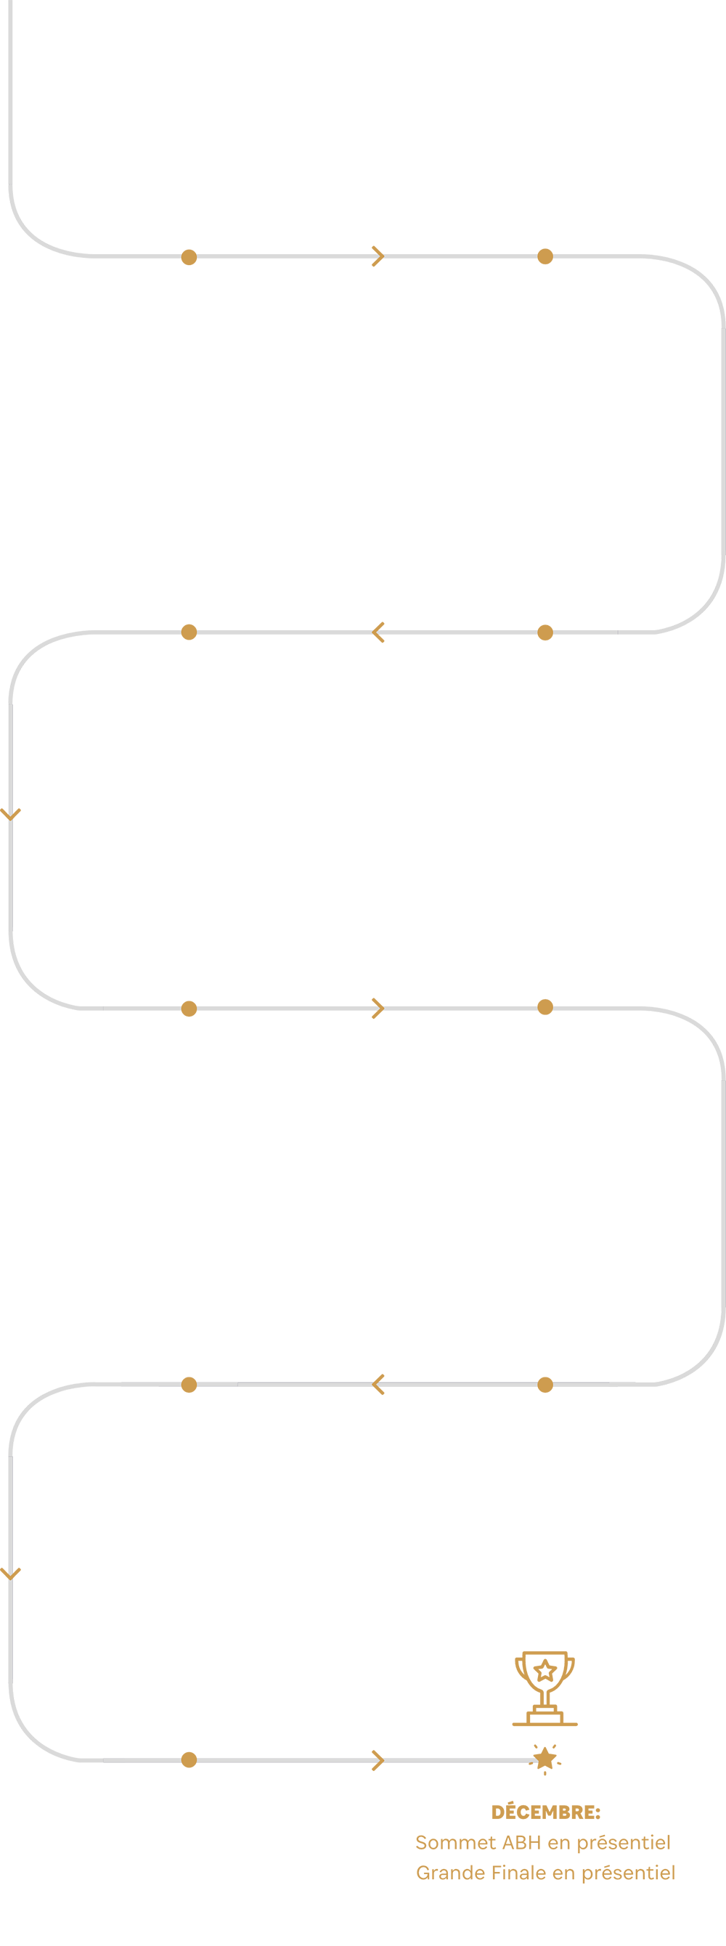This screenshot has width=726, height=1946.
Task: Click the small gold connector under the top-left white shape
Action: click(189, 257)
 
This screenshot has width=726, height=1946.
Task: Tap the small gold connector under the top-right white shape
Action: click(544, 257)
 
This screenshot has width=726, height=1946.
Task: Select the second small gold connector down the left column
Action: click(189, 635)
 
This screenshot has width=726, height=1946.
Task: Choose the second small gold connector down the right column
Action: click(544, 635)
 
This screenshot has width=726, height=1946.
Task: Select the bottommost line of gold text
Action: click(544, 1874)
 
